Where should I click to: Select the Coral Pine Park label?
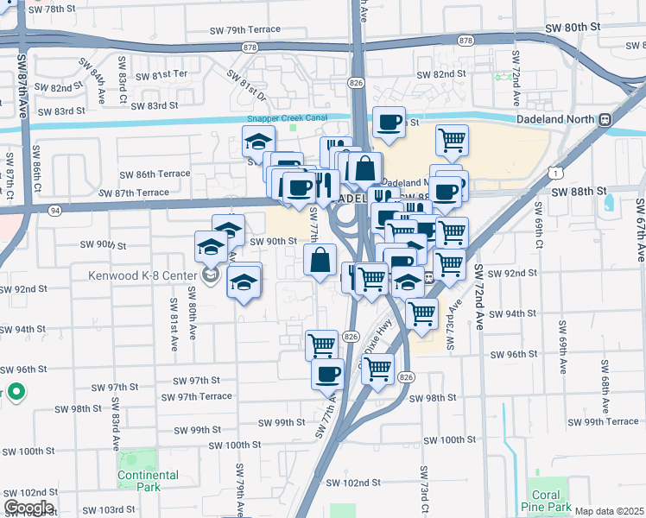(546, 501)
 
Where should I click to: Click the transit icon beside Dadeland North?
(605, 119)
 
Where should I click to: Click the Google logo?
(28, 508)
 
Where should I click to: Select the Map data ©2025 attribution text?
(609, 511)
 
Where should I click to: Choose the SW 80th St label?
(573, 28)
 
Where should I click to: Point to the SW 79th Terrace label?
(245, 30)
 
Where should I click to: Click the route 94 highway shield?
(55, 209)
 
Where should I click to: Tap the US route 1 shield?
(550, 174)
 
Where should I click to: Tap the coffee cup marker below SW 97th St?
(327, 374)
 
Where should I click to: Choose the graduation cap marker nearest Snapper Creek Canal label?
(258, 140)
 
